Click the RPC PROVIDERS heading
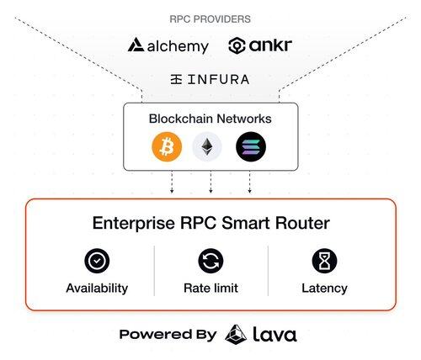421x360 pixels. [x=210, y=19]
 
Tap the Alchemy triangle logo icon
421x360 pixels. [x=136, y=45]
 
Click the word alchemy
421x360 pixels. [x=178, y=46]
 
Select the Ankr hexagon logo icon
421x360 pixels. [x=237, y=45]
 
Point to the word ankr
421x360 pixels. [x=270, y=45]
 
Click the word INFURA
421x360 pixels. [x=218, y=80]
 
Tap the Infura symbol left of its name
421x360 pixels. [x=176, y=80]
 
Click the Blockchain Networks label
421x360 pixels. [x=210, y=119]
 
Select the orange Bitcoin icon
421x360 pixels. [x=167, y=147]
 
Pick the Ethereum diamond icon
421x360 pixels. [x=207, y=147]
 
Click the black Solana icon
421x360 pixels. [x=251, y=146]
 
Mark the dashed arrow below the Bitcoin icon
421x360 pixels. [x=172, y=183]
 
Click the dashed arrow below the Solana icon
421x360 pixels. [x=249, y=183]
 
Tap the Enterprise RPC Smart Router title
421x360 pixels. [x=211, y=223]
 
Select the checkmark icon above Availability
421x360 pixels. [x=97, y=261]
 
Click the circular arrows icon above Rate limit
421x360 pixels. [x=210, y=261]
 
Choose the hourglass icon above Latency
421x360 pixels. [x=324, y=261]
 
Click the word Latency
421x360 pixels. [x=324, y=289]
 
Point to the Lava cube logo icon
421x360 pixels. [x=236, y=334]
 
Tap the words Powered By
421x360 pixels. [x=168, y=335]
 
